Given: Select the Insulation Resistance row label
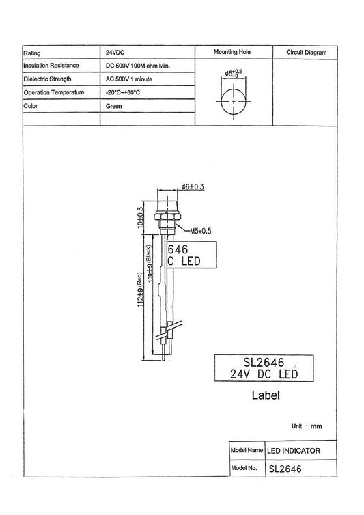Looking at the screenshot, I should pyautogui.click(x=52, y=65).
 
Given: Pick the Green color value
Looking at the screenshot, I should pyautogui.click(x=113, y=105).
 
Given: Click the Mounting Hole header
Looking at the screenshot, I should pyautogui.click(x=234, y=52).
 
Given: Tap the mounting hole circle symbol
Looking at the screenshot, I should pyautogui.click(x=234, y=101).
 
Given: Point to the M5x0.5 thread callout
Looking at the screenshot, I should pyautogui.click(x=200, y=231).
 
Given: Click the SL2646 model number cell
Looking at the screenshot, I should pyautogui.click(x=285, y=469).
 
